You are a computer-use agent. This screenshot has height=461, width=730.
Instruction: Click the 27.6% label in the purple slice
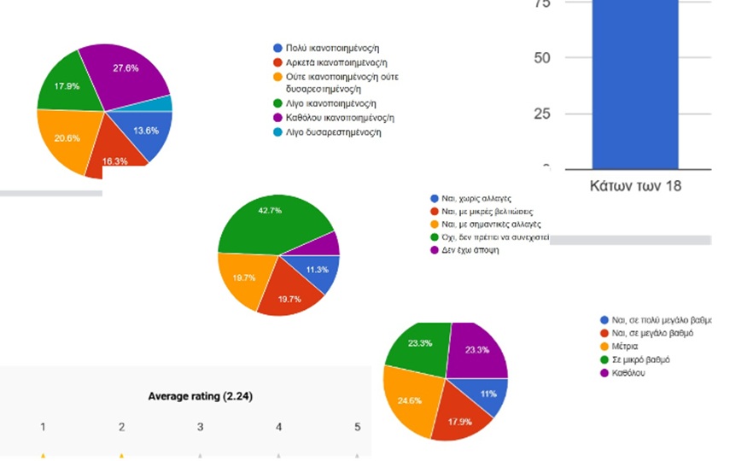(x=126, y=67)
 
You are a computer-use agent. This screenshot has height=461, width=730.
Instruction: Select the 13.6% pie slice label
(x=146, y=131)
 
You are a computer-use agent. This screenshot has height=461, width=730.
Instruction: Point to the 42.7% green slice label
(x=269, y=210)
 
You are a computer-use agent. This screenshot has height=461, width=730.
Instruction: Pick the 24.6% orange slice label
(x=409, y=400)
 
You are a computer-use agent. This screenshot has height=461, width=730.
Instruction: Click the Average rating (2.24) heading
(x=200, y=396)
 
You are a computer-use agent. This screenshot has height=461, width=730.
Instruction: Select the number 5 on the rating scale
(x=357, y=427)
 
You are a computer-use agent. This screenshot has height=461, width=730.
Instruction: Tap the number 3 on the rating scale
(x=200, y=427)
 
